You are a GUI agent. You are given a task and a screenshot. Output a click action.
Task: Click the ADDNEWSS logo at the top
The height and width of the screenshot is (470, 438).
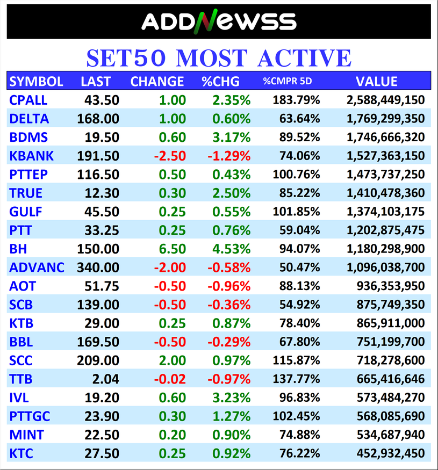coord(219,21)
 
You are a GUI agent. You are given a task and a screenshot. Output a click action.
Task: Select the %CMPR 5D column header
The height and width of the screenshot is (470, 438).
coord(287,82)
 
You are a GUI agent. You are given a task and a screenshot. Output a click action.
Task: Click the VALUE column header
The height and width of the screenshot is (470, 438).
coord(376,82)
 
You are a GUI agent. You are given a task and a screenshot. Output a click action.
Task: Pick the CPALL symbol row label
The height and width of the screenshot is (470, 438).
coord(28,100)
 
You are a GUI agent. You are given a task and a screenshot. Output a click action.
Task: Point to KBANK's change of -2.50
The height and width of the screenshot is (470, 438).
coord(170,156)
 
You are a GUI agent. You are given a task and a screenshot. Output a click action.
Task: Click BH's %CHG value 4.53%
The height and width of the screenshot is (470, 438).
coord(231,249)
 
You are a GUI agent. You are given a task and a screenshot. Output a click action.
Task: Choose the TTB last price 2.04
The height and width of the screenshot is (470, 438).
coord(106,379)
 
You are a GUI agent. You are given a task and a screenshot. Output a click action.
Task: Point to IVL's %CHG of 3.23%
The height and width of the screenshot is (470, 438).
coord(231,398)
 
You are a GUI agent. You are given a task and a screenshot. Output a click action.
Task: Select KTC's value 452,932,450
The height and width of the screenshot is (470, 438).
coord(391,454)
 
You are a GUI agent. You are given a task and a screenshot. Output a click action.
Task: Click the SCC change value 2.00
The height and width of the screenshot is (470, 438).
coord(173,360)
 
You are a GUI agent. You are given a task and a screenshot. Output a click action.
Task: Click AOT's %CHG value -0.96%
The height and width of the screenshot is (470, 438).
coord(229,286)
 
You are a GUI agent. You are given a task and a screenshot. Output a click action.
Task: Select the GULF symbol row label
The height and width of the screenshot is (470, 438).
coord(26,212)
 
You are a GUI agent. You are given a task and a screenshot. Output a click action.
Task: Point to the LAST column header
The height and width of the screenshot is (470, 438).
coord(96,82)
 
